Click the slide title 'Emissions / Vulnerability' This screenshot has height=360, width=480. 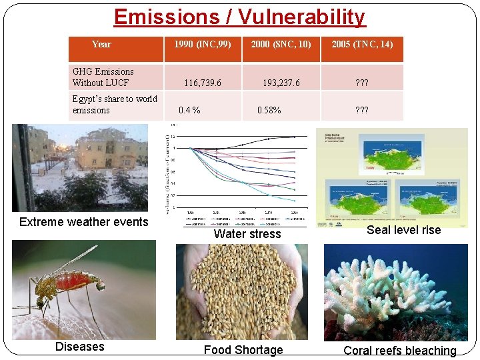[x=239, y=16]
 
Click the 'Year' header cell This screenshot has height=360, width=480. [x=101, y=44]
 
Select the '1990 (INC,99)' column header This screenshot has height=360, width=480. [x=202, y=44]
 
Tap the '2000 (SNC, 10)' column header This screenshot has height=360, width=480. [x=281, y=44]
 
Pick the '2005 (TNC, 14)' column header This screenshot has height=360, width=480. [x=362, y=44]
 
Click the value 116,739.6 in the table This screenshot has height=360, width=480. [x=202, y=83]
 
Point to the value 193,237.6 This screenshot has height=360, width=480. [x=281, y=83]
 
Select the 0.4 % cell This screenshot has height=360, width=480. [x=189, y=110]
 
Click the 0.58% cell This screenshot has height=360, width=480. [x=269, y=110]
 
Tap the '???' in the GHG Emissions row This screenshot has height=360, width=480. [x=362, y=83]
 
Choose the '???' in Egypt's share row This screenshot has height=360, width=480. [x=362, y=110]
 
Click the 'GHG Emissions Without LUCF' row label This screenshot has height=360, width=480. [x=103, y=77]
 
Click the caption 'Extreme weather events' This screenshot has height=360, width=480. [x=84, y=222]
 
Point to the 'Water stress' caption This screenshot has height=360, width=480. [x=247, y=234]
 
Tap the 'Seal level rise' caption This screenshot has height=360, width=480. [x=403, y=229]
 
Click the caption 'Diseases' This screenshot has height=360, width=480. [x=79, y=346]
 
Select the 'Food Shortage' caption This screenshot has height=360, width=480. [x=243, y=350]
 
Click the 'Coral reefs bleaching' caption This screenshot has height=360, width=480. [x=399, y=351]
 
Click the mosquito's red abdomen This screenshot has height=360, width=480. [x=77, y=281]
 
